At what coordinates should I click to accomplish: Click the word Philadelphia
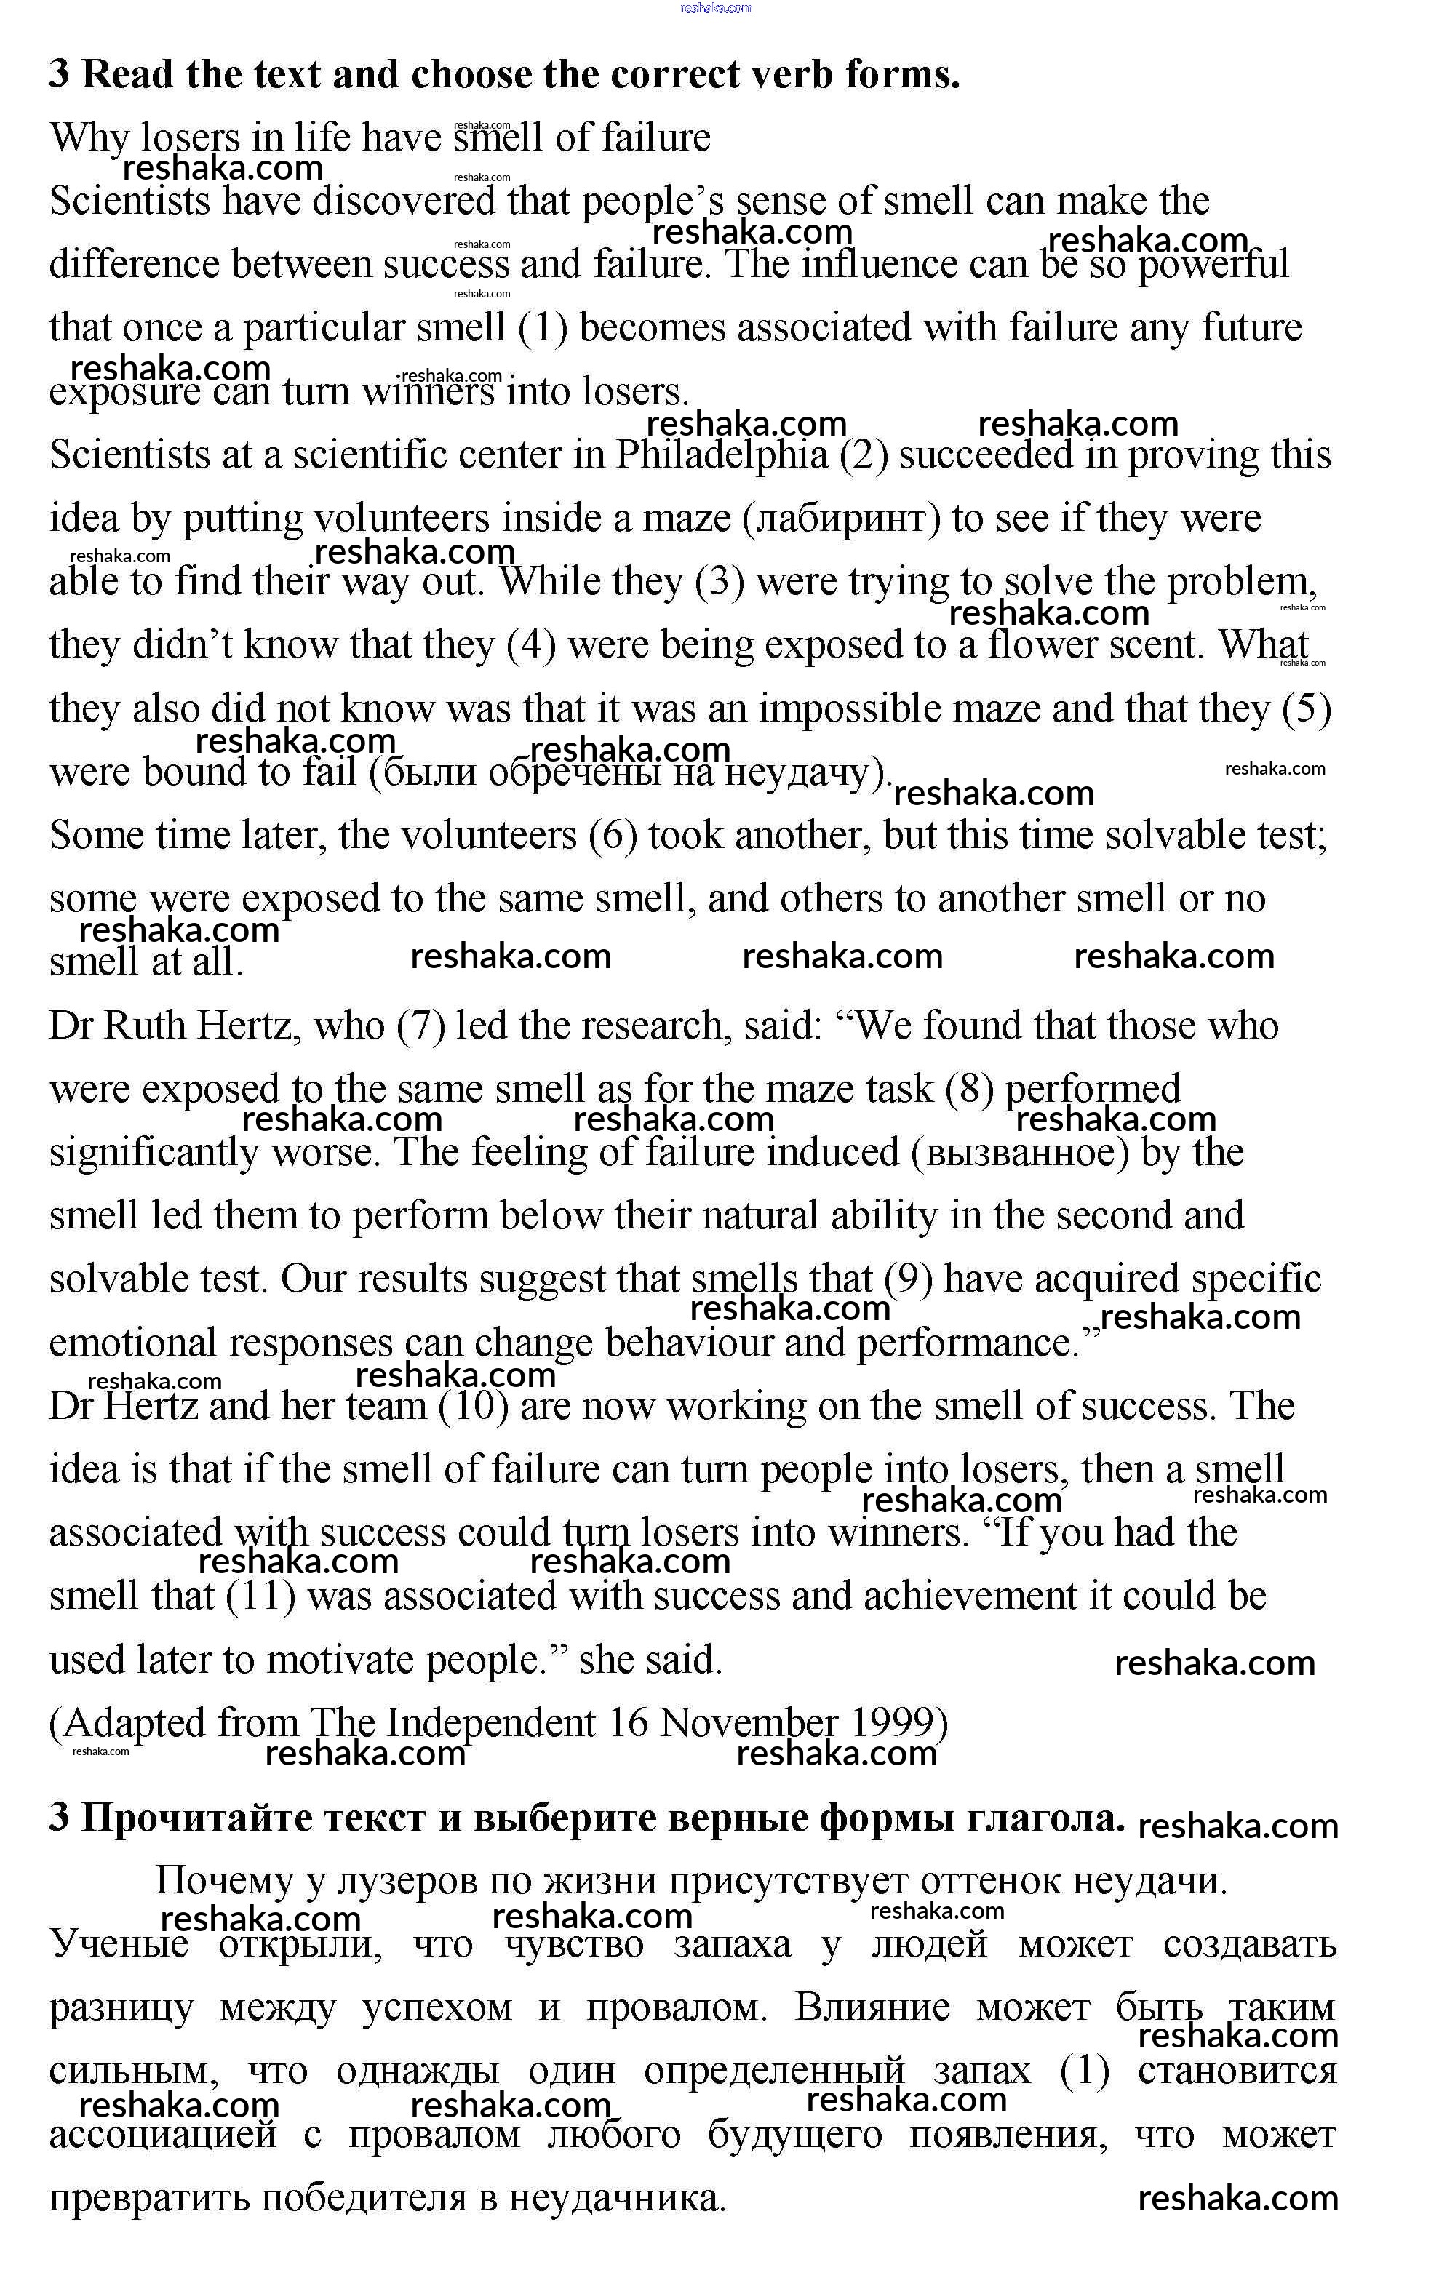point(722,455)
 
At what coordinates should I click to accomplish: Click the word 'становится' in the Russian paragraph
point(1236,2071)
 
